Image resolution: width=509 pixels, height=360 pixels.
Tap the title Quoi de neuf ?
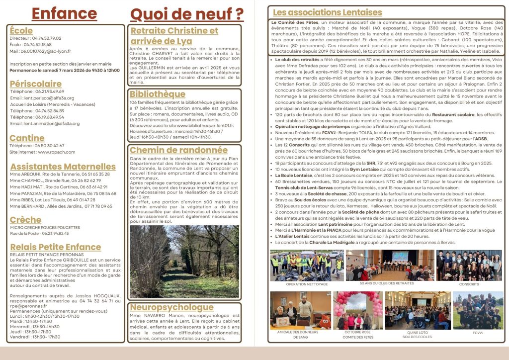186,13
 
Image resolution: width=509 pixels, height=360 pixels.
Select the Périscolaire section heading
35,84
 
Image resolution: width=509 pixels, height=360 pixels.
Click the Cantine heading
27,138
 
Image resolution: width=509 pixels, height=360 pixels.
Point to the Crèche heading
25,219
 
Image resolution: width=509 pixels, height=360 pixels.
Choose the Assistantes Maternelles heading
63,167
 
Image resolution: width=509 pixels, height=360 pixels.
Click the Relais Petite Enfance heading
55,247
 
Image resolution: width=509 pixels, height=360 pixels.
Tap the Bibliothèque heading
158,94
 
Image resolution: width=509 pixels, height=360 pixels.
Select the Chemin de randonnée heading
178,150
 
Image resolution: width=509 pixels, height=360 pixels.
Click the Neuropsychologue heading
171,307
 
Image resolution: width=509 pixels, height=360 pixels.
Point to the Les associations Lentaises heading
323,12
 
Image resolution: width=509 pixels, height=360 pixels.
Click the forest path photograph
184,261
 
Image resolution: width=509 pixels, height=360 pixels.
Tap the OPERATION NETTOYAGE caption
300,284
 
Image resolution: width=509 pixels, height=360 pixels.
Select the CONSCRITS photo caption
469,284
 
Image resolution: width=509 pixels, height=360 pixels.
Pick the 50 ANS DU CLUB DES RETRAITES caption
384,283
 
